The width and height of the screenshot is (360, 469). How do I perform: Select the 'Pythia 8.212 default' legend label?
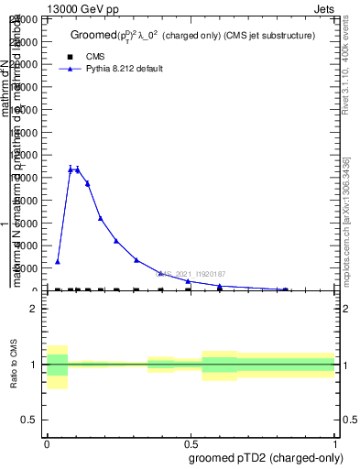click(125, 69)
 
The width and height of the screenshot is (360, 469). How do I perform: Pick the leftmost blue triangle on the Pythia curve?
click(58, 262)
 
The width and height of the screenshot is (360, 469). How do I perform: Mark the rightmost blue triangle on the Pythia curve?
click(285, 289)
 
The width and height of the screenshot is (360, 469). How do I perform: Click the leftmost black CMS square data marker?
click(58, 290)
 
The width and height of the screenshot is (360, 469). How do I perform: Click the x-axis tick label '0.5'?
click(190, 442)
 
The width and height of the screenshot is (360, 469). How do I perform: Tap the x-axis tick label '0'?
click(47, 442)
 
